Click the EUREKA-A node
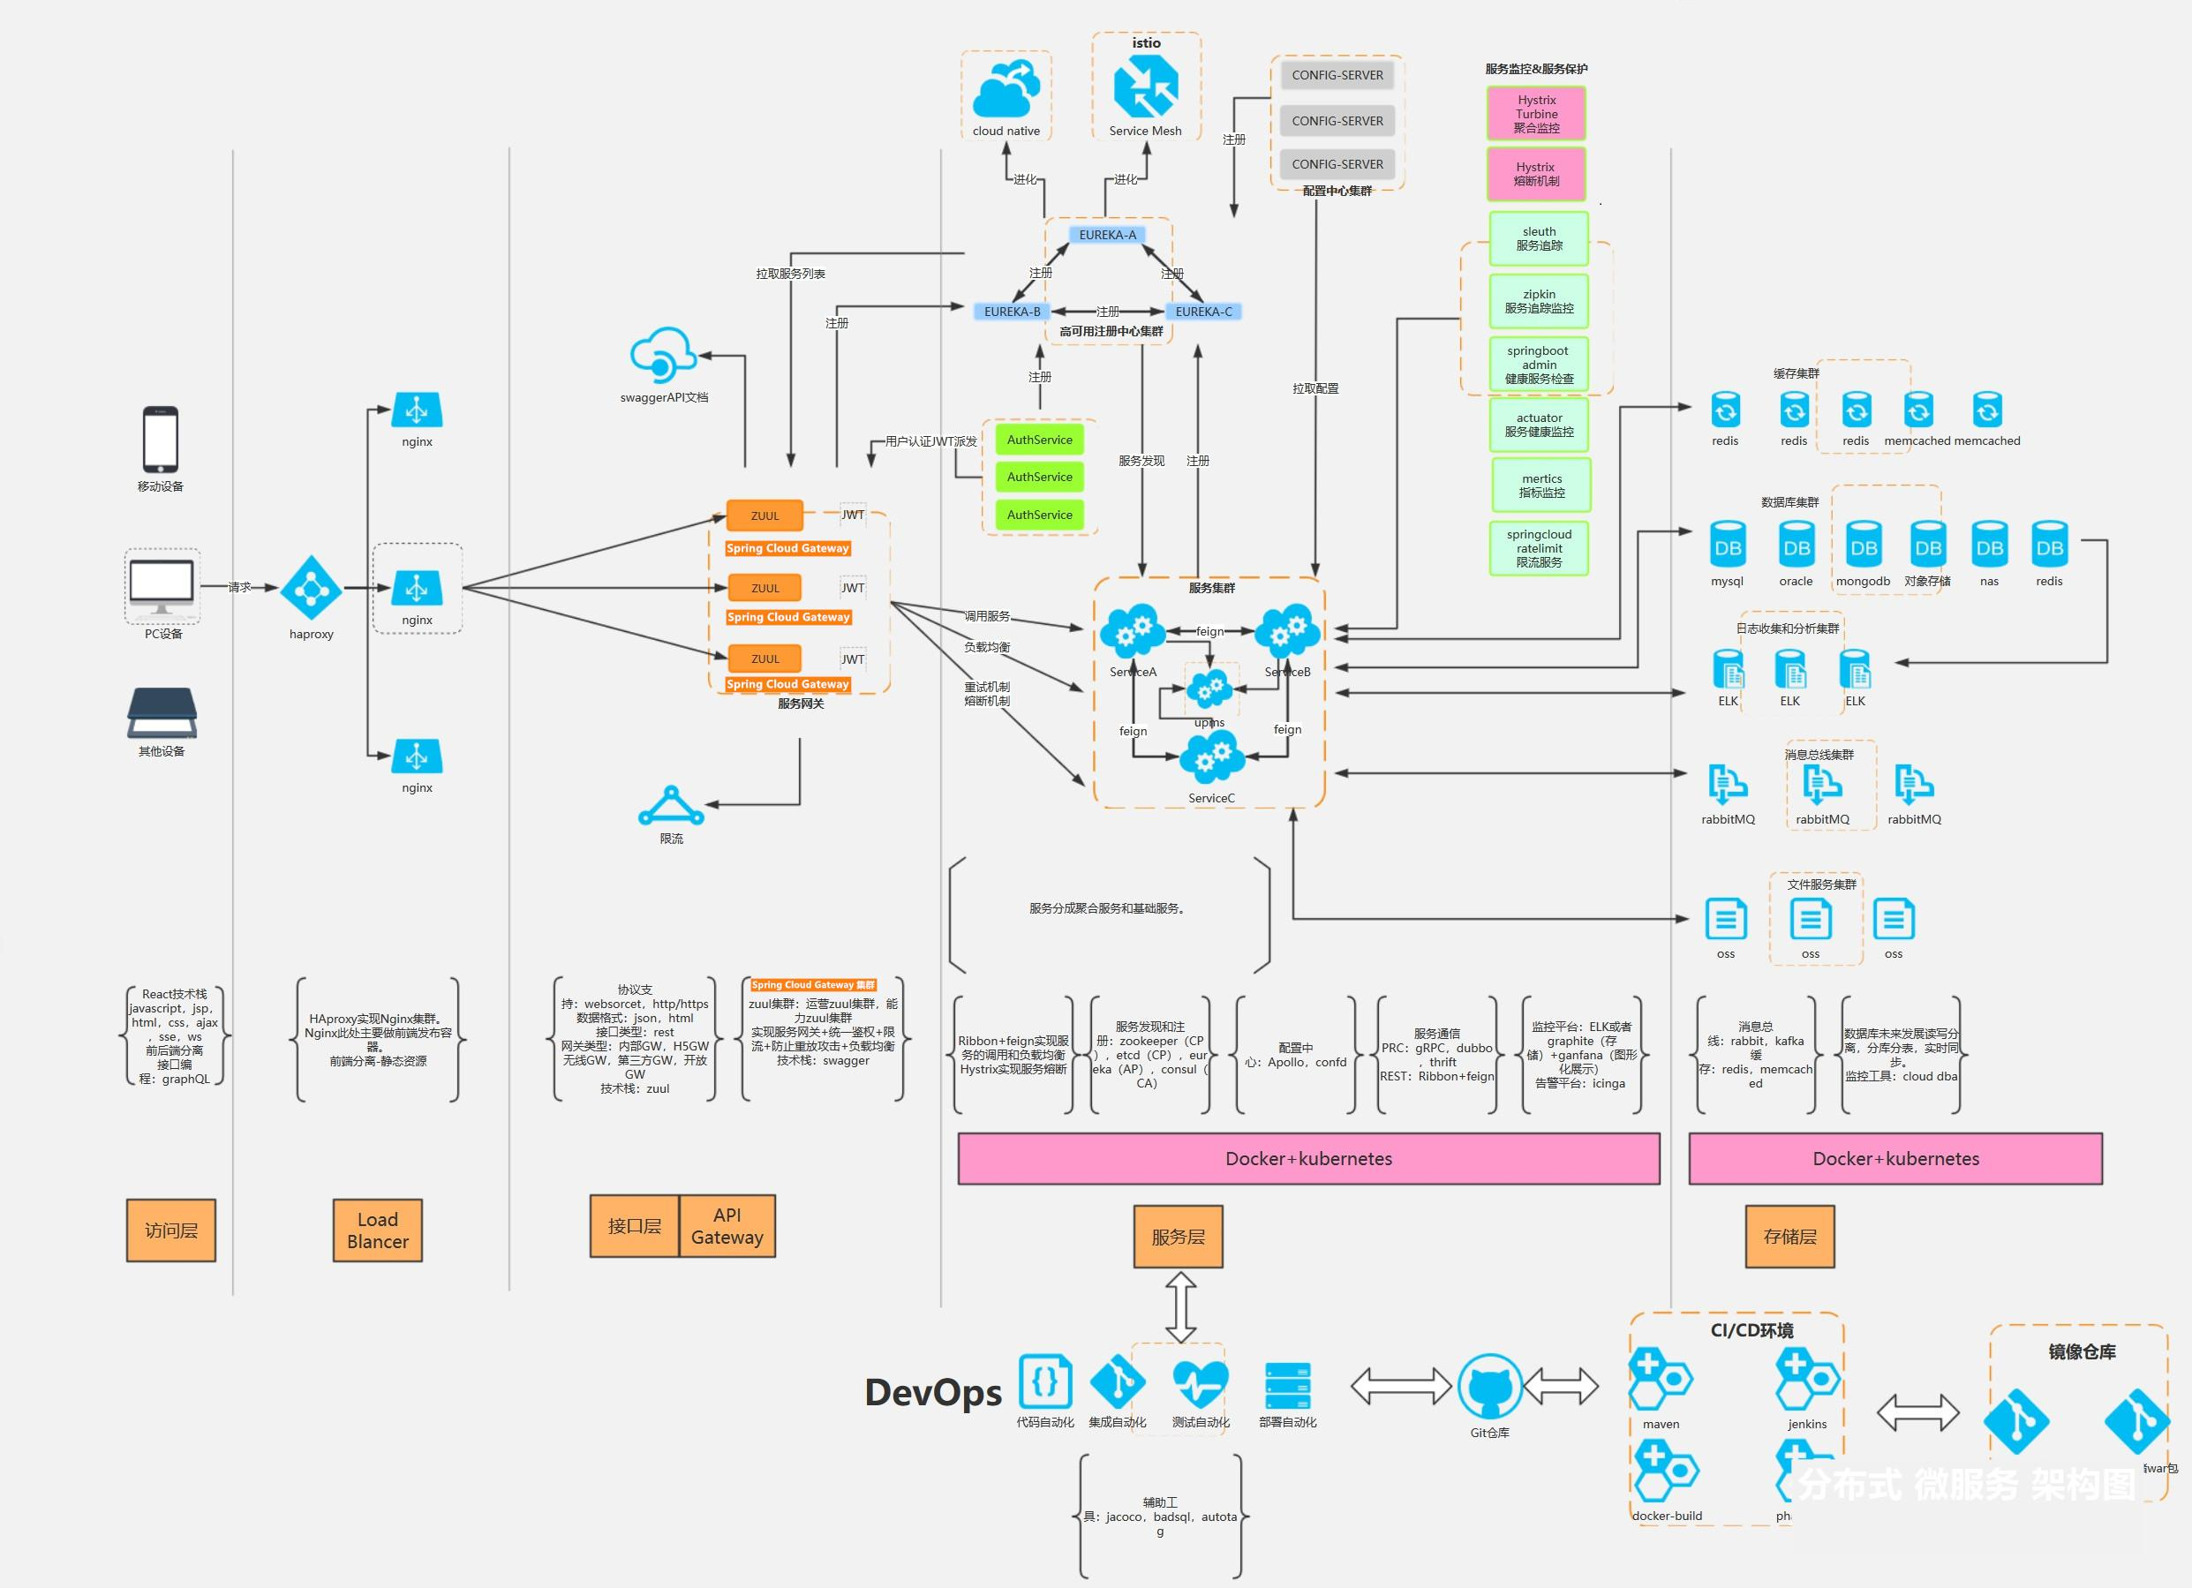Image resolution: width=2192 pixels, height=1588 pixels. click(x=1107, y=235)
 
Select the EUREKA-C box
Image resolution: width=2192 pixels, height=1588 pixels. click(x=1203, y=312)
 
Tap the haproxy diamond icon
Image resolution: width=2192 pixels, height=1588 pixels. click(x=312, y=588)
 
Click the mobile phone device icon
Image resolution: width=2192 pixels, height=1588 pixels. click(x=161, y=440)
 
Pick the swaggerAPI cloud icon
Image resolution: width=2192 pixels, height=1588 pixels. click(x=663, y=355)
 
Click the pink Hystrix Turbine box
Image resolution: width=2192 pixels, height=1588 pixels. click(x=1536, y=114)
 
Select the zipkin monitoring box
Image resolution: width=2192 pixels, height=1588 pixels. click(x=1539, y=302)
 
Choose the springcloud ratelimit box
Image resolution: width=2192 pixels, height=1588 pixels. click(x=1539, y=548)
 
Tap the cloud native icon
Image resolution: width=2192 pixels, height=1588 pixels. click(x=1006, y=89)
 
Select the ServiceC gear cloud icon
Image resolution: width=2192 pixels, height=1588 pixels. click(x=1211, y=756)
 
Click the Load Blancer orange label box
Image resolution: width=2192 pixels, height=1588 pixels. click(x=377, y=1231)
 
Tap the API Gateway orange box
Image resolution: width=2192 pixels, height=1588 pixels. click(x=727, y=1226)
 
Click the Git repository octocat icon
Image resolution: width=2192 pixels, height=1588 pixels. click(x=1489, y=1387)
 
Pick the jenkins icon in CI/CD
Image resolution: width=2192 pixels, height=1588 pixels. click(x=1805, y=1381)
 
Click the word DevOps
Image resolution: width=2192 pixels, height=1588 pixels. click(x=932, y=1393)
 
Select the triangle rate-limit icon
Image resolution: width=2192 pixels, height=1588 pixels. click(x=671, y=806)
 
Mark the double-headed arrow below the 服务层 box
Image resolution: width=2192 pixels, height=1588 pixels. click(x=1181, y=1307)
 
